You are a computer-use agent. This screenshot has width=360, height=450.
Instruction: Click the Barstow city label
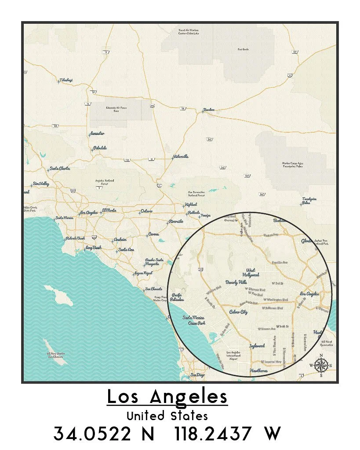[x=208, y=110]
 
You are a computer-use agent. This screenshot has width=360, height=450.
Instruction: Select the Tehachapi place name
[x=66, y=80]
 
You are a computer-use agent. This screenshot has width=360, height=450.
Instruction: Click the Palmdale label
[x=100, y=148]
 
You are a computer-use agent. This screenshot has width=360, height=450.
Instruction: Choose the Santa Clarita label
[x=60, y=168]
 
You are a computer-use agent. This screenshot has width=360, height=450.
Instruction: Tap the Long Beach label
[x=94, y=248]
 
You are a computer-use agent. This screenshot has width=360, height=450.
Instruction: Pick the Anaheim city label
[x=120, y=240]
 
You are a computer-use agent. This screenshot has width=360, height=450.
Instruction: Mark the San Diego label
[x=197, y=375]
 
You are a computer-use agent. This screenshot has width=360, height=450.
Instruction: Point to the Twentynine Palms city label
[x=306, y=201]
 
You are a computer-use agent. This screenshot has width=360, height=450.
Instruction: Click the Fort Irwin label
[x=243, y=49]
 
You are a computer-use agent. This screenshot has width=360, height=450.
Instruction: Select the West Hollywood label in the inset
[x=253, y=272]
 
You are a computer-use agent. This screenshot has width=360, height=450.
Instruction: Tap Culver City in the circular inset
[x=239, y=312]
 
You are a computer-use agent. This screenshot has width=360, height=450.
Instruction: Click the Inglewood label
[x=257, y=345]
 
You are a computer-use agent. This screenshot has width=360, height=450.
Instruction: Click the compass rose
[x=321, y=365]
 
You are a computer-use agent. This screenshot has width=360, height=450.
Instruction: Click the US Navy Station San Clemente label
[x=56, y=355]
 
